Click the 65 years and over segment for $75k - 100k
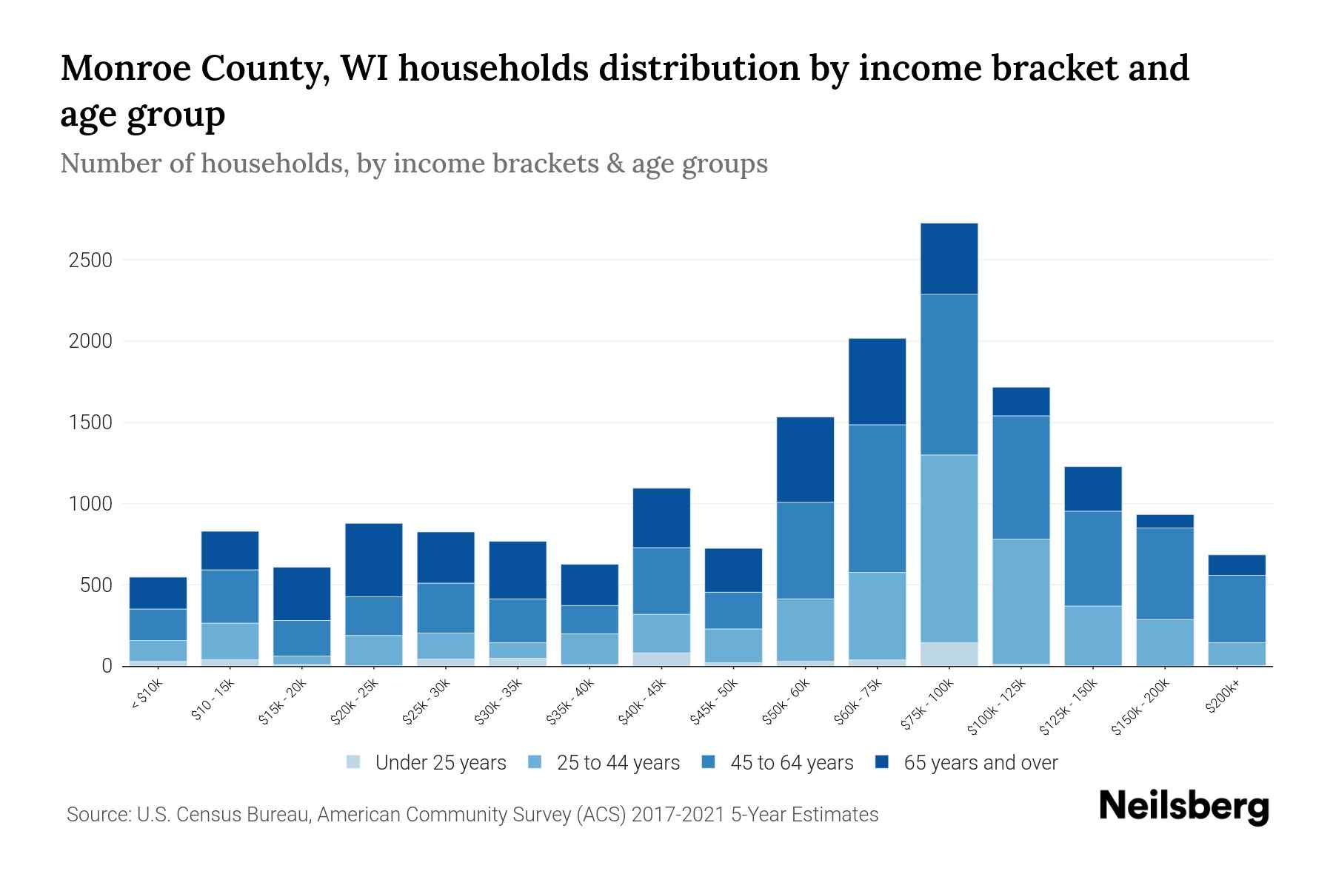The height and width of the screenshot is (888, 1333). (x=949, y=259)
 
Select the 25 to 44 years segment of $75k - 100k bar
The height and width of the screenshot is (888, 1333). (x=949, y=548)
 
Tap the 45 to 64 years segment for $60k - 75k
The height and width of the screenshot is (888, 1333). (x=877, y=498)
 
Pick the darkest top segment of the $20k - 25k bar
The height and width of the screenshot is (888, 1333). (x=374, y=560)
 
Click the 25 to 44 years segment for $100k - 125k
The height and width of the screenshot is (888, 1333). (x=1020, y=601)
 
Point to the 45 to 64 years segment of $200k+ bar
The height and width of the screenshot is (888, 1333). (x=1236, y=608)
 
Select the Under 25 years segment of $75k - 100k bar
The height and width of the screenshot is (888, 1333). (x=949, y=653)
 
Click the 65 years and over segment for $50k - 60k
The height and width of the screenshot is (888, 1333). (x=805, y=460)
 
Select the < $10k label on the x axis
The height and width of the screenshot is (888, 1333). (x=147, y=696)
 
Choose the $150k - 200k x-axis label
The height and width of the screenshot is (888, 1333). (x=1140, y=707)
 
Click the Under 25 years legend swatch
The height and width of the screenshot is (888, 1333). (x=354, y=761)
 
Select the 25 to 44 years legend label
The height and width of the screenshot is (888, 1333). (x=618, y=763)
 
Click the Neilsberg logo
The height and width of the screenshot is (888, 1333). (x=1183, y=807)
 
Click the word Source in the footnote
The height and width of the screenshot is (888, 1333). (x=98, y=815)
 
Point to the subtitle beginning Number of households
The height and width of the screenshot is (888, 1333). (x=413, y=164)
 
